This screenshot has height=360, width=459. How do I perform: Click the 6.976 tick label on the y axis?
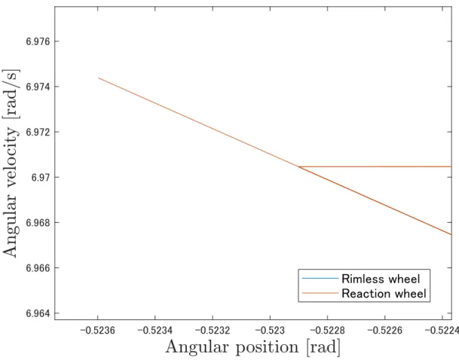click(x=38, y=41)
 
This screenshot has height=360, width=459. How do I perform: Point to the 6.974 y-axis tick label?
click(x=38, y=87)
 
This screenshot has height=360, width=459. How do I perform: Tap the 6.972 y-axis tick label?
click(x=38, y=133)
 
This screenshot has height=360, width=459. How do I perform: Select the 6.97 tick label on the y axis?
click(x=41, y=178)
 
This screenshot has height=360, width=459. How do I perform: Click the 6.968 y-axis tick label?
click(x=38, y=223)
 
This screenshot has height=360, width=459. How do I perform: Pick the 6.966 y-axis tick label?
click(x=38, y=268)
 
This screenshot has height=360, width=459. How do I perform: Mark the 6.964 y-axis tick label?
click(x=38, y=313)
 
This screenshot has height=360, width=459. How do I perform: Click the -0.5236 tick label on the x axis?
click(x=98, y=331)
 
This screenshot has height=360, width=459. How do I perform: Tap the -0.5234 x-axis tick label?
click(x=155, y=331)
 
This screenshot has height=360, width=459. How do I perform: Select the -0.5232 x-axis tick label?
click(x=213, y=331)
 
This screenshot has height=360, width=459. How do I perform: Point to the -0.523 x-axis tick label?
click(x=270, y=331)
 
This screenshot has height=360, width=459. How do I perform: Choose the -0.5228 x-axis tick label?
click(x=327, y=331)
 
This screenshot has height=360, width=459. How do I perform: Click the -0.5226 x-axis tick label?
click(x=384, y=331)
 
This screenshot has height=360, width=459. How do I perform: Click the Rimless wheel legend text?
click(x=381, y=279)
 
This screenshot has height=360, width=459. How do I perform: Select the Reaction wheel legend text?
click(x=384, y=293)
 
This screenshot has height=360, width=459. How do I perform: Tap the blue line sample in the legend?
click(x=320, y=278)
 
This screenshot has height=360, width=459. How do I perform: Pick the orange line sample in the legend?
click(x=320, y=293)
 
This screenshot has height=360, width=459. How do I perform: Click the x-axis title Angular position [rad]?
click(x=253, y=348)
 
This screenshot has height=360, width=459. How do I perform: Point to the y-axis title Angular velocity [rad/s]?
click(x=11, y=163)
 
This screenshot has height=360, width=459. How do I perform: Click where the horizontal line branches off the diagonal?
click(x=298, y=166)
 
